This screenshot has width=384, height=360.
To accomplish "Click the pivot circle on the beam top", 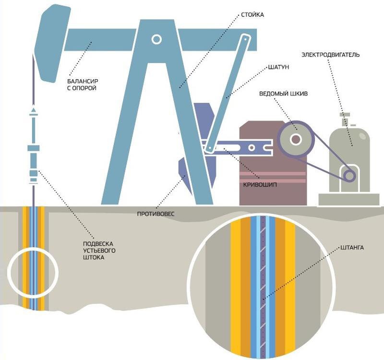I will [x=156, y=39].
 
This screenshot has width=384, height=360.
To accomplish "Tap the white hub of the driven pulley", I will [x=295, y=139].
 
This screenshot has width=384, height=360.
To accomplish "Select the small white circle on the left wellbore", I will [x=33, y=271].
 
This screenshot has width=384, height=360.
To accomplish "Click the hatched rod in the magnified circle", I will [x=262, y=288].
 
